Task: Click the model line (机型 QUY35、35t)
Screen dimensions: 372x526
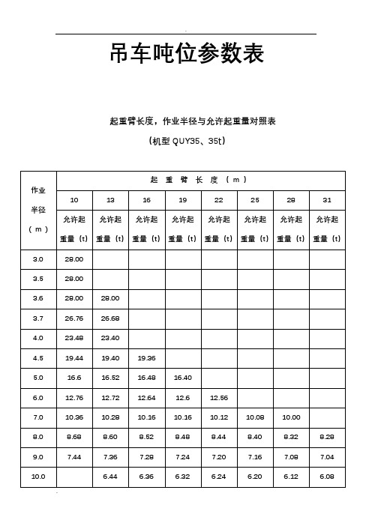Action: tap(186, 140)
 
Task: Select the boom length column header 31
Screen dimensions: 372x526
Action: tap(326, 200)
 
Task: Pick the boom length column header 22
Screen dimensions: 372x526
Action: tap(219, 200)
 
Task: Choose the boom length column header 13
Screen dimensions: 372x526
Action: tap(110, 200)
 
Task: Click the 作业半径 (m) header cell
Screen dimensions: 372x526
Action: tap(38, 209)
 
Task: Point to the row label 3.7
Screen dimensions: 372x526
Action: tap(38, 318)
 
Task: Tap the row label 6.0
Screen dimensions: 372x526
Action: tap(38, 396)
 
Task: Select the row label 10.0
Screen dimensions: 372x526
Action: tap(38, 474)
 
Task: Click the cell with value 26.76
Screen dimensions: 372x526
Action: tap(74, 318)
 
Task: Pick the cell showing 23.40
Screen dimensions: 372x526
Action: tap(110, 337)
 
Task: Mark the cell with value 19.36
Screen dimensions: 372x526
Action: tap(147, 357)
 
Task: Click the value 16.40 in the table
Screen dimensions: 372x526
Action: tap(183, 376)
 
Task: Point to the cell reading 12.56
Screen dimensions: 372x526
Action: tap(219, 396)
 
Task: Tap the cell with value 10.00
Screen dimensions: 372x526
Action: tap(290, 415)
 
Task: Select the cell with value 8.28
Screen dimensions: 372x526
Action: tap(326, 435)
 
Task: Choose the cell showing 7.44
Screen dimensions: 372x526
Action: tap(74, 455)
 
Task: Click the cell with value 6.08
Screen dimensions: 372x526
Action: tap(326, 474)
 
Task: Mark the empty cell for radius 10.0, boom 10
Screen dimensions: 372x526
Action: tap(74, 474)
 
